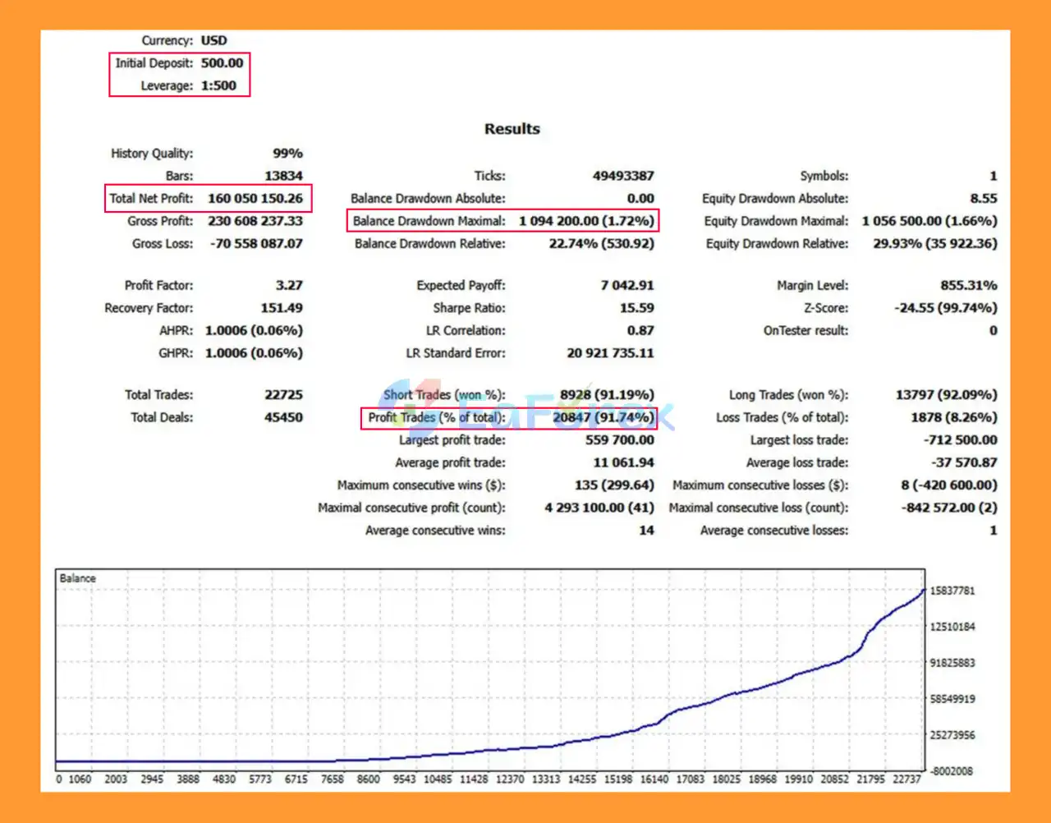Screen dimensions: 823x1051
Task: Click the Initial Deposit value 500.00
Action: (x=222, y=63)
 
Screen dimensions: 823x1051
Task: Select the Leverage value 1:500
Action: (x=218, y=85)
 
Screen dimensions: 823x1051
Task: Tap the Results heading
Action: (x=512, y=129)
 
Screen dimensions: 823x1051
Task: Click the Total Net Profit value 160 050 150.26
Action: (x=255, y=198)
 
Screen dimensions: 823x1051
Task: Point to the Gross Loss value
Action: (x=255, y=244)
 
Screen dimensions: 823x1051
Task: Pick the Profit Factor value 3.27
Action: (x=288, y=286)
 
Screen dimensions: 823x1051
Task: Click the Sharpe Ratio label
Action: (x=469, y=308)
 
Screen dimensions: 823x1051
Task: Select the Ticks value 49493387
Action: (x=623, y=176)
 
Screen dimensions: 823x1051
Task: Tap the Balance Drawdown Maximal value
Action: (x=585, y=221)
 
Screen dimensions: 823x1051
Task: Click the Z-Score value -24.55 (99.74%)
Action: (x=945, y=308)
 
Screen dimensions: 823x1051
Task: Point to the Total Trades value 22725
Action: (x=283, y=395)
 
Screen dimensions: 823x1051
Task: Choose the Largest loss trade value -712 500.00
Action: (x=960, y=440)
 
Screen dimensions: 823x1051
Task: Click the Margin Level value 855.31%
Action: (x=968, y=286)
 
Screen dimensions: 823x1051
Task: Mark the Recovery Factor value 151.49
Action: (x=281, y=308)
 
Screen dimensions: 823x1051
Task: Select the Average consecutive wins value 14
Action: (x=646, y=531)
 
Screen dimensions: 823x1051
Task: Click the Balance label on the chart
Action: (x=77, y=578)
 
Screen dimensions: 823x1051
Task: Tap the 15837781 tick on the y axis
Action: (x=952, y=591)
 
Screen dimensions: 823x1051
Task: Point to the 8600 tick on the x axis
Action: (x=368, y=779)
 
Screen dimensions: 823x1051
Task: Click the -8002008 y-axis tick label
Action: (x=951, y=771)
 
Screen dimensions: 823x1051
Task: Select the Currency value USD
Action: (x=213, y=40)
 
